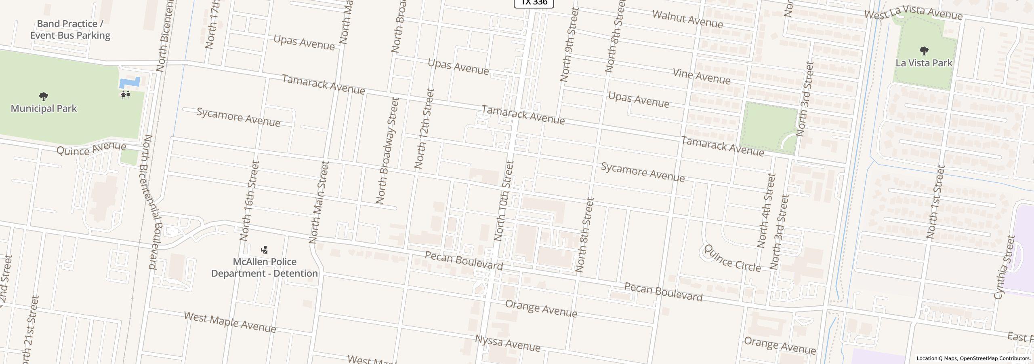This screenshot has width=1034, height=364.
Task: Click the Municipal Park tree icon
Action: [x=44, y=96]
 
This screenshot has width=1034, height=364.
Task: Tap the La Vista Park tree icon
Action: [x=924, y=51]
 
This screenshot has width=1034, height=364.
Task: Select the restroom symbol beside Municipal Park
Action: [x=125, y=95]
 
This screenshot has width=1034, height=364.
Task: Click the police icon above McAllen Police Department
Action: [x=264, y=250]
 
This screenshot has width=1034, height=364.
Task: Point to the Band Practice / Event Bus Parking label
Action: [x=70, y=30]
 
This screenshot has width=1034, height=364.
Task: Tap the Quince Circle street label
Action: [x=732, y=258]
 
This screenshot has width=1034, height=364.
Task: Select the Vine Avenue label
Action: [x=702, y=76]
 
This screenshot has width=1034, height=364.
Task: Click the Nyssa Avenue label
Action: [x=507, y=343]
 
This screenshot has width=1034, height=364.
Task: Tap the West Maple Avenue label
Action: [x=230, y=322]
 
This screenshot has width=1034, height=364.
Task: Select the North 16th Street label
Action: [x=249, y=201]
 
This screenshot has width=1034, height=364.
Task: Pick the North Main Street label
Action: [x=319, y=202]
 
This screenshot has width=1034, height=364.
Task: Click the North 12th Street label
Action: [x=424, y=129]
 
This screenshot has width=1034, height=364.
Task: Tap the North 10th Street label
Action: [x=503, y=201]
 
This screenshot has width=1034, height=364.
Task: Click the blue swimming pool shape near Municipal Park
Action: [x=130, y=83]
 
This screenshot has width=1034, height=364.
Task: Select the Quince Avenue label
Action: [x=91, y=148]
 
